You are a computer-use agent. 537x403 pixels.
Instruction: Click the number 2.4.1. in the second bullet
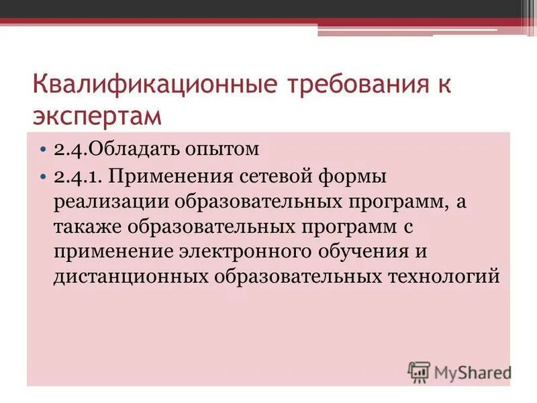[77, 179]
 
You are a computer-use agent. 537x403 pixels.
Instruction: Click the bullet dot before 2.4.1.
[44, 179]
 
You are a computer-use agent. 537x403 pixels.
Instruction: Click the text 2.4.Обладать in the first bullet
[109, 148]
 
